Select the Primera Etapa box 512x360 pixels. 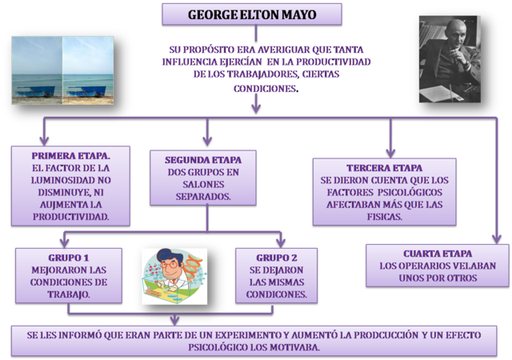71,186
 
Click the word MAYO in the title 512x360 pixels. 300,14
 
